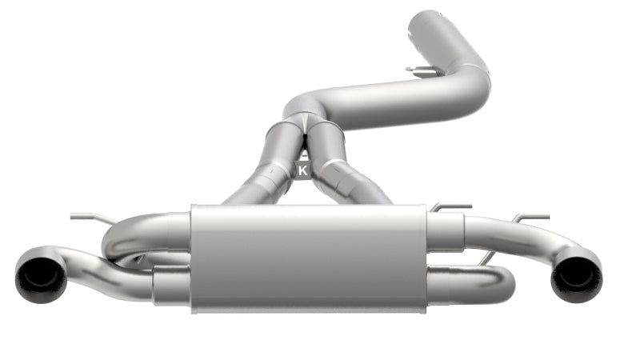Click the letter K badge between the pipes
point(302,170)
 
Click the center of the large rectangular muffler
point(308,256)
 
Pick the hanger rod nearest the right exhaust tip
point(530,218)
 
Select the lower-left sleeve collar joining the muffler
point(170,284)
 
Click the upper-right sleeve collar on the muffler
point(445,229)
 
